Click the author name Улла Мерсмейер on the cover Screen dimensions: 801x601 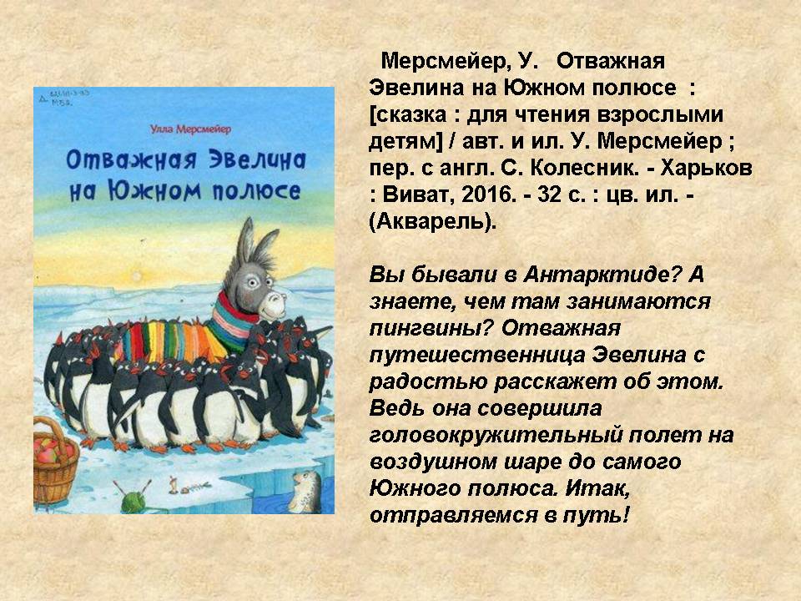point(190,129)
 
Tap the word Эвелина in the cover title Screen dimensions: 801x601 point(258,160)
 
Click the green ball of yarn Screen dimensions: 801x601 point(132,502)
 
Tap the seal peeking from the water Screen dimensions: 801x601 point(305,491)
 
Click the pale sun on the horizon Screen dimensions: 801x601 point(136,276)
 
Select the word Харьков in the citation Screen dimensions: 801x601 point(706,168)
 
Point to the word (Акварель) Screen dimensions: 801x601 point(433,222)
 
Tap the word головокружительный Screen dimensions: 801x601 point(496,435)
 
